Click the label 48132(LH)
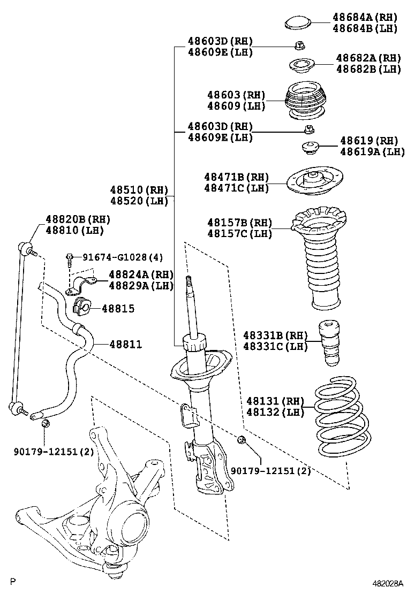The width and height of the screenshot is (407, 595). coord(275,412)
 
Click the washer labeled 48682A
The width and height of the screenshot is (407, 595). coord(302,66)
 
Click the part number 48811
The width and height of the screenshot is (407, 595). coord(126,345)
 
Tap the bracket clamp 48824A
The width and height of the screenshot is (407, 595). coord(81,286)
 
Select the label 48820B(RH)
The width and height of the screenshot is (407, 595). coord(75,219)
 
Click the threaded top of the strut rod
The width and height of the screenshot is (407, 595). coord(189,282)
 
